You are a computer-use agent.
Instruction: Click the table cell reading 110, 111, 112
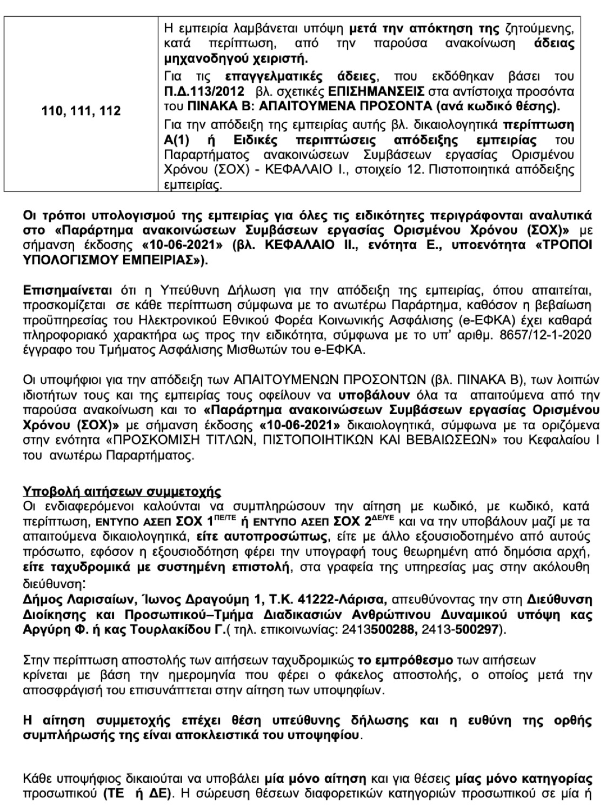81,111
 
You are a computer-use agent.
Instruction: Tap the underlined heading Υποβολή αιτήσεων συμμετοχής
122,491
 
